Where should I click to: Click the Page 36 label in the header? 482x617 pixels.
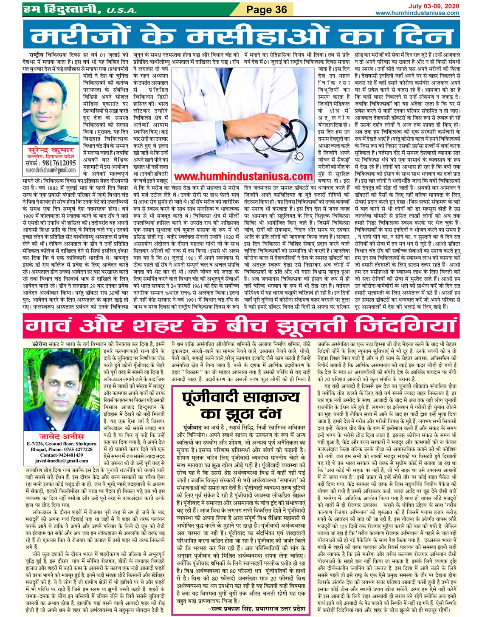coord(267,9)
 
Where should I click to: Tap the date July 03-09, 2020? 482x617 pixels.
coord(434,6)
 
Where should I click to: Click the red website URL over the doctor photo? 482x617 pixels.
coord(244,176)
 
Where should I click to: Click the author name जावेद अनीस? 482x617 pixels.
coord(62,436)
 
